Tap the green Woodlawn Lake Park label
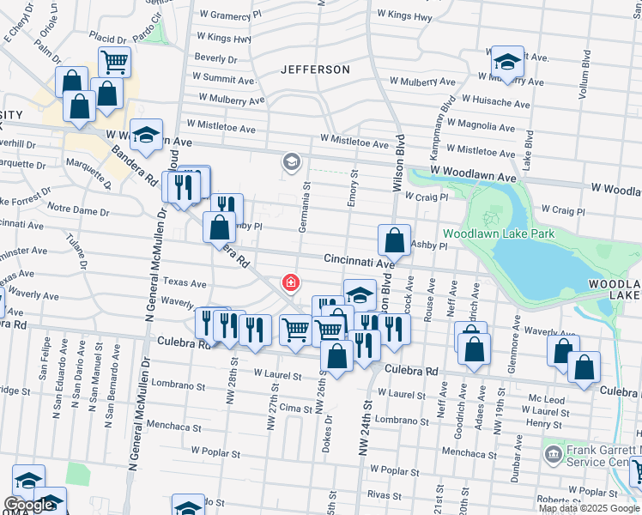(x=499, y=233)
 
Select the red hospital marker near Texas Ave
(x=292, y=282)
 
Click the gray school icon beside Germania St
(x=292, y=161)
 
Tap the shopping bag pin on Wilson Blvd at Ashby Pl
(x=394, y=241)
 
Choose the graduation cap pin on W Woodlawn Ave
(x=147, y=135)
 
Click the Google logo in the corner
(x=28, y=506)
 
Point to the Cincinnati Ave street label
(x=358, y=258)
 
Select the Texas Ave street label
(x=185, y=282)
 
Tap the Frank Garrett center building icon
(x=553, y=451)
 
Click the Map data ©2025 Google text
(x=589, y=507)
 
